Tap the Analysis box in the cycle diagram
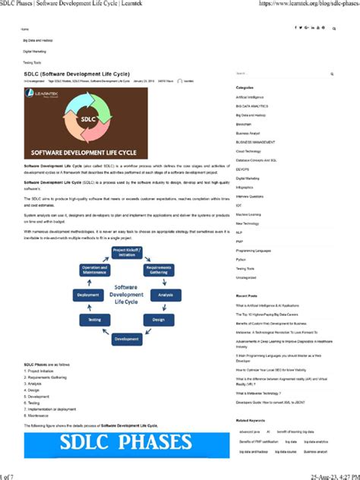click(x=166, y=294)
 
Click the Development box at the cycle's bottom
click(x=126, y=339)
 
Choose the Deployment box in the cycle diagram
click(x=88, y=294)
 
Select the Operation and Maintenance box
click(x=95, y=270)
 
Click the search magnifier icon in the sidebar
click(x=332, y=74)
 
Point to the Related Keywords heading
click(x=251, y=420)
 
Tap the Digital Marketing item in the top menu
click(x=34, y=50)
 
